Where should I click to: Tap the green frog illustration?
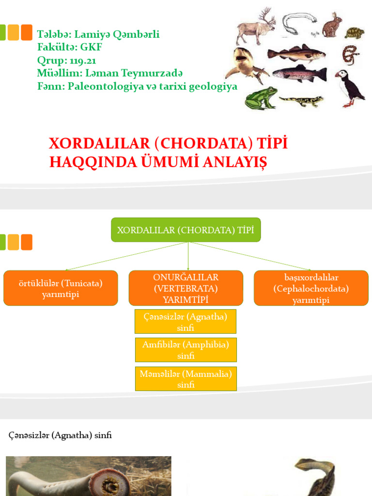click(261, 98)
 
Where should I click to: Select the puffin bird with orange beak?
click(350, 87)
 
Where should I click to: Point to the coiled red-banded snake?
click(350, 54)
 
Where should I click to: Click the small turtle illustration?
click(355, 33)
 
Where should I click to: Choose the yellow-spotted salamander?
click(301, 101)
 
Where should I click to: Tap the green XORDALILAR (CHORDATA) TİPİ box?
click(186, 230)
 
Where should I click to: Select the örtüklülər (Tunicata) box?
click(61, 288)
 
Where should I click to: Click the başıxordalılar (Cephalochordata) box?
click(311, 288)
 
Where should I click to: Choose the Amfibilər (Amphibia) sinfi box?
click(186, 350)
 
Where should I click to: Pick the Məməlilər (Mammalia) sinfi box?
click(186, 379)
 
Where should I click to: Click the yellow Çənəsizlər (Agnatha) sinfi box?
click(186, 322)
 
